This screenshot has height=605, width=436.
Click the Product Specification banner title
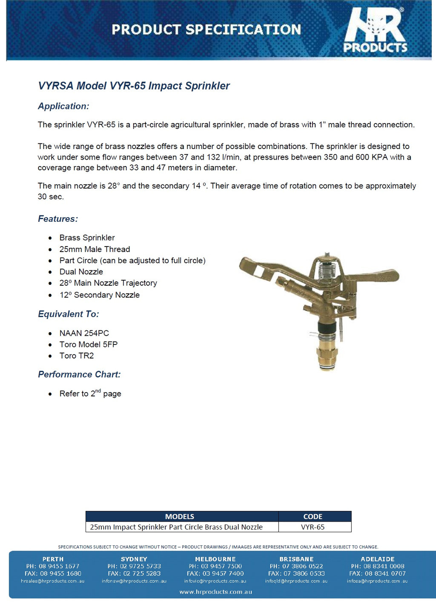(x=206, y=29)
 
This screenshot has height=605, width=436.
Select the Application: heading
(x=63, y=106)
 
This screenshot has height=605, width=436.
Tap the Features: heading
(x=58, y=219)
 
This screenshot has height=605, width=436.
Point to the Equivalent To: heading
(x=68, y=314)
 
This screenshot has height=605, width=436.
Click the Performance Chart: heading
(x=79, y=374)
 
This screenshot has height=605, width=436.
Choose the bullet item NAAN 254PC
(x=84, y=333)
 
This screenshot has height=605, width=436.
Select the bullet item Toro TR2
(x=76, y=356)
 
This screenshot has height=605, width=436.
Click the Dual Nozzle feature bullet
(x=81, y=272)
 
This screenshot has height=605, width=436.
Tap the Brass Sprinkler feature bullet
(x=87, y=238)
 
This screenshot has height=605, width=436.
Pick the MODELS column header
(x=179, y=516)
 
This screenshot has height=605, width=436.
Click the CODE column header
(x=313, y=516)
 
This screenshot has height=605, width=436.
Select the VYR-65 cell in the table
(x=313, y=527)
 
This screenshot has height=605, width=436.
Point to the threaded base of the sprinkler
(x=327, y=358)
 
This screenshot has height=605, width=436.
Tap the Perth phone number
(x=53, y=566)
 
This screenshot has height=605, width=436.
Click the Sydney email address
(x=134, y=581)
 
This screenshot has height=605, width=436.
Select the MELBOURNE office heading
(x=215, y=559)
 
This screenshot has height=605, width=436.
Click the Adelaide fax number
(x=377, y=573)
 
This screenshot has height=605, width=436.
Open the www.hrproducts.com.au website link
(x=215, y=592)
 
